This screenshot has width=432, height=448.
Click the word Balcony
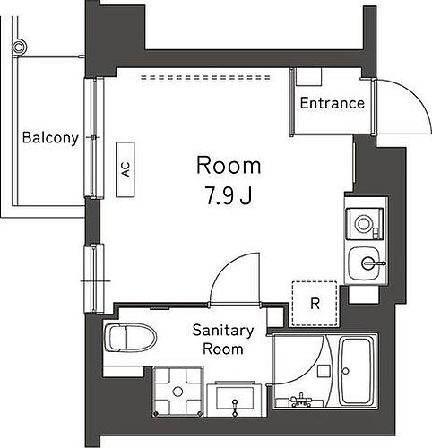coord(50,138)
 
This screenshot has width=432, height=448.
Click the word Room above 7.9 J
coord(229,166)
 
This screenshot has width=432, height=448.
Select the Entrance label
coord(332,103)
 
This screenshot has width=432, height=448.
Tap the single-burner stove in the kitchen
coord(364,221)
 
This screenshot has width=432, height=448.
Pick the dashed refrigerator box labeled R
coord(315,303)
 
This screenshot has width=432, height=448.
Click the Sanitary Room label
coord(223,339)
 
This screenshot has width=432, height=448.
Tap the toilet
coord(131,339)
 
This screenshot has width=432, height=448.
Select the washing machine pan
coord(180,392)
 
